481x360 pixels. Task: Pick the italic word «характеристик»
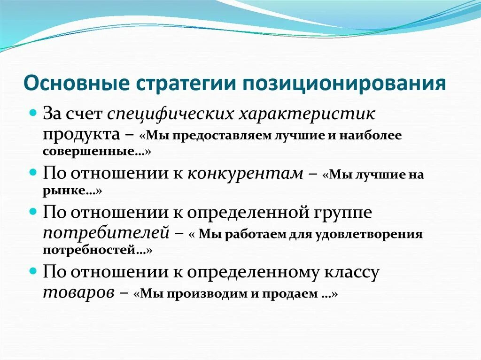307,114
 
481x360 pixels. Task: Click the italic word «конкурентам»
245,173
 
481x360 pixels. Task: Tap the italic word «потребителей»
106,232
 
